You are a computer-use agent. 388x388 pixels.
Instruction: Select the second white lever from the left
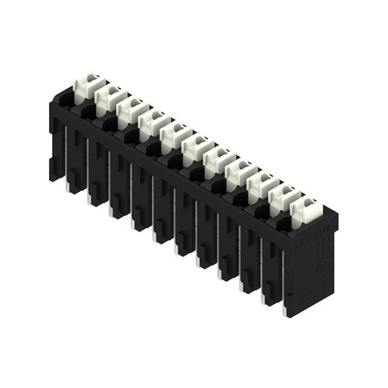109,98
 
